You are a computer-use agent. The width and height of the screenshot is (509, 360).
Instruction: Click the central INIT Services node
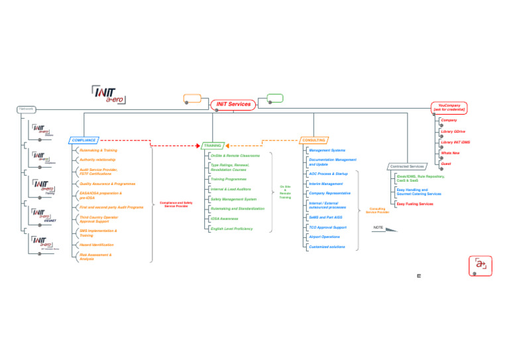[233, 105]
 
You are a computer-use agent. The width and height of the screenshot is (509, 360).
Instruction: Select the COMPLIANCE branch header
[84, 141]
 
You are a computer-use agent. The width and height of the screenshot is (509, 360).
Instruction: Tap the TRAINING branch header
[213, 145]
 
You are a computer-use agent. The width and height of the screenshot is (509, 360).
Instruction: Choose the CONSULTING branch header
[313, 141]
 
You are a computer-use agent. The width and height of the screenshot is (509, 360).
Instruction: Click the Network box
[26, 109]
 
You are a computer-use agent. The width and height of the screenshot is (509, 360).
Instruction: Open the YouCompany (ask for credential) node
[450, 107]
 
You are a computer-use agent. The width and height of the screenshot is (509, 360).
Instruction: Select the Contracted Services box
[407, 166]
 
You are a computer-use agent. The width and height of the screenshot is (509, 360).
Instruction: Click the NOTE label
[378, 228]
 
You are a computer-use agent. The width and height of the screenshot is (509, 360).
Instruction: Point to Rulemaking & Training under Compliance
[98, 150]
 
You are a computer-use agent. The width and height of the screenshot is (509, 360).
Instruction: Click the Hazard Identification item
[96, 245]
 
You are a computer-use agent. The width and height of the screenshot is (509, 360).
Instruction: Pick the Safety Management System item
[233, 199]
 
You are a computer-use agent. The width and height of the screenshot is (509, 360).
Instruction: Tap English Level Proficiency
[231, 229]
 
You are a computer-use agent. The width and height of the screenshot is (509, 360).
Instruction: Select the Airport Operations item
[324, 237]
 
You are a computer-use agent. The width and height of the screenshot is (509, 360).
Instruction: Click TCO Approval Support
[327, 227]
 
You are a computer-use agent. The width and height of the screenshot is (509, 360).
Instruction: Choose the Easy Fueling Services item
[414, 204]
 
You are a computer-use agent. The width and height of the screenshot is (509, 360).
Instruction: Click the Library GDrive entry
[453, 131]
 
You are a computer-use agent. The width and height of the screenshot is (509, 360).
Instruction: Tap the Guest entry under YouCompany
[446, 163]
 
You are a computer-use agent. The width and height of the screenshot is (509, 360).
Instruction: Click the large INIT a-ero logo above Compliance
[109, 94]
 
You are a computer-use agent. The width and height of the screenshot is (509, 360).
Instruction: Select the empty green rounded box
[274, 98]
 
